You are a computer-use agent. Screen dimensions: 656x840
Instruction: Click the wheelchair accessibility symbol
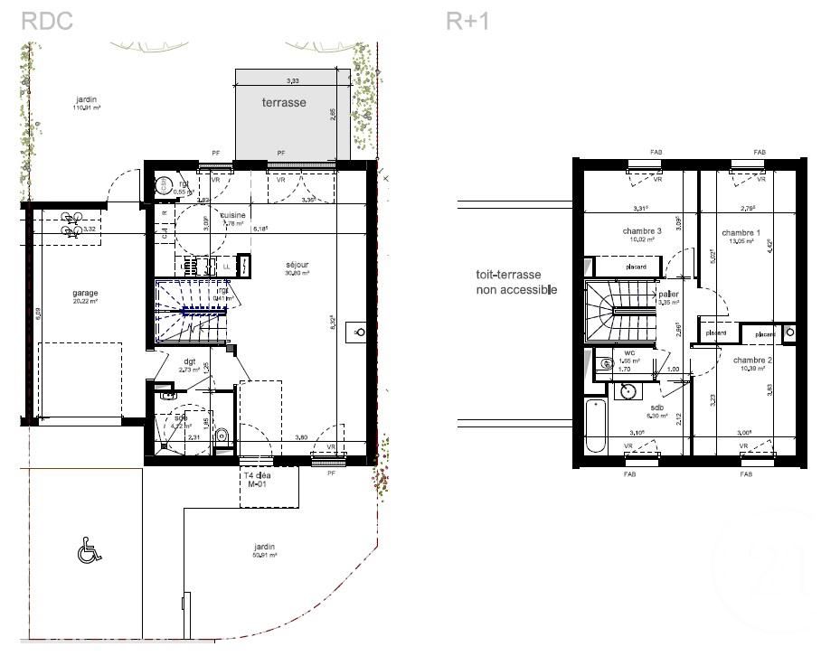click(88, 549)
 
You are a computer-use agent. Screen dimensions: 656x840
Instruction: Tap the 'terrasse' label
click(284, 103)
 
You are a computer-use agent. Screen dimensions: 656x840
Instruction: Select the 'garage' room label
click(86, 294)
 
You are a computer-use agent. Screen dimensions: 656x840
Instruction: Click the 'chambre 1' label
click(741, 233)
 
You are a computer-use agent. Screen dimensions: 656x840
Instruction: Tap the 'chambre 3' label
click(642, 232)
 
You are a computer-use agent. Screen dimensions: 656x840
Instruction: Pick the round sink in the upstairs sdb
click(627, 391)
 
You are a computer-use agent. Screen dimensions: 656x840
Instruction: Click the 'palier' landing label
click(669, 295)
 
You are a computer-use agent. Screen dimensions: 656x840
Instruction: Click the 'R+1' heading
click(467, 21)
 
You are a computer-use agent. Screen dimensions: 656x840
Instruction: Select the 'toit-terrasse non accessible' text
click(516, 283)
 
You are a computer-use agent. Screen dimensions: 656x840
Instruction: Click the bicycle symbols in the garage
click(70, 225)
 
